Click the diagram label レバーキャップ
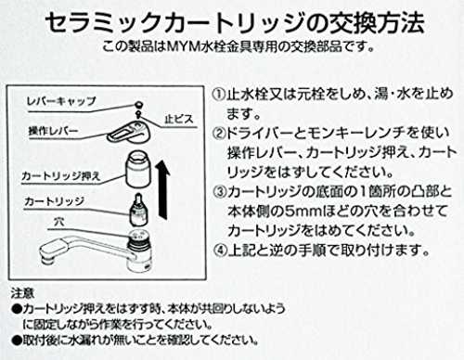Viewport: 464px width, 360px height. click(61, 101)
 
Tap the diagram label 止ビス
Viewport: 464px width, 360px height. click(178, 119)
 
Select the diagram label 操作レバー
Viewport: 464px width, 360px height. click(53, 131)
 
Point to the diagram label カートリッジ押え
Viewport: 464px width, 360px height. click(61, 176)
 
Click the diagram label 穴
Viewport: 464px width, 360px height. click(58, 222)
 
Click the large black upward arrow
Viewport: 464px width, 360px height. click(162, 190)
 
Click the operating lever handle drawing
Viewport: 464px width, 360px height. click(129, 132)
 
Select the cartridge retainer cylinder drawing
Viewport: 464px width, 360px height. click(137, 170)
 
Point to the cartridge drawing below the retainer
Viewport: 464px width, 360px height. click(138, 210)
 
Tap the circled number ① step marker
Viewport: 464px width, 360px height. click(219, 94)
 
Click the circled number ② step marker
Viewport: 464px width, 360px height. click(219, 133)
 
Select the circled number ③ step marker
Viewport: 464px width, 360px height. click(220, 192)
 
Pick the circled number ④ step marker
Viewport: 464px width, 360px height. click(220, 251)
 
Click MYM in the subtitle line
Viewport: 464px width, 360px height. click(184, 46)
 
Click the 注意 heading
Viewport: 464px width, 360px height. click(22, 293)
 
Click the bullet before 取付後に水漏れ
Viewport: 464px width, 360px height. click(17, 341)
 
